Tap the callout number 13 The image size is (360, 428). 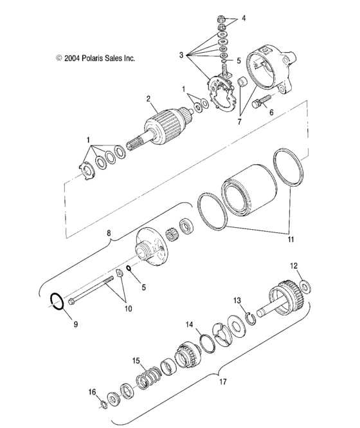pyautogui.click(x=237, y=300)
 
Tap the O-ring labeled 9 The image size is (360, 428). pyautogui.click(x=58, y=301)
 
